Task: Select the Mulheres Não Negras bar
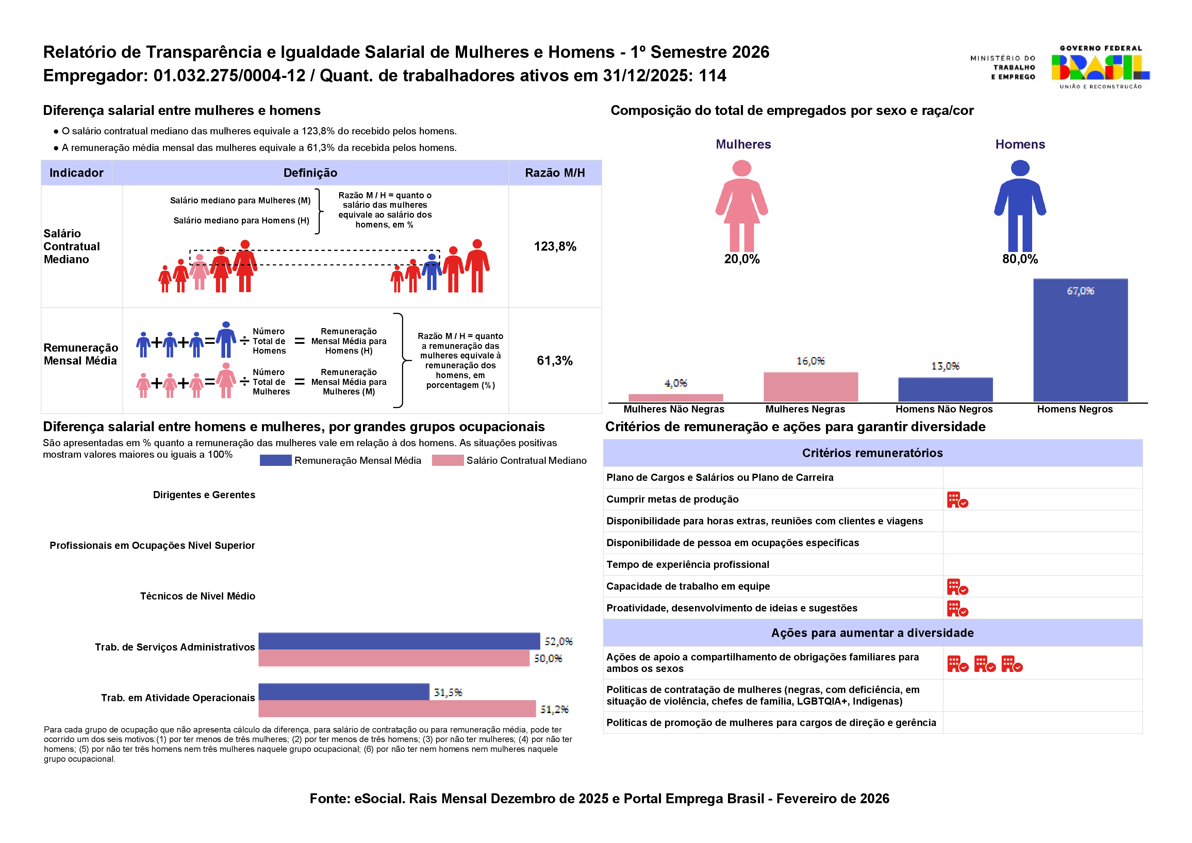[675, 398]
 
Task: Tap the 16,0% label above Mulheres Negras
[810, 361]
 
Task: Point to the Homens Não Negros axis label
[944, 409]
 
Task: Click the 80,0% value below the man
[1020, 259]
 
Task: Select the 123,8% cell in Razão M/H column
[555, 247]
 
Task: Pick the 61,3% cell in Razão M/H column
[554, 361]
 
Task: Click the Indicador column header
[76, 173]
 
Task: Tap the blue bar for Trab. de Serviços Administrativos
[399, 641]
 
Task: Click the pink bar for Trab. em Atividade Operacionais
[397, 709]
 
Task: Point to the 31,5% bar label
[448, 692]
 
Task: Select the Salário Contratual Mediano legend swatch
[448, 460]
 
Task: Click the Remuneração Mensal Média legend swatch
[276, 460]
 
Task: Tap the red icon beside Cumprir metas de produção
[957, 500]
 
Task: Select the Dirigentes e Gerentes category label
[204, 495]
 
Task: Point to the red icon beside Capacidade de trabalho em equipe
[957, 587]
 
